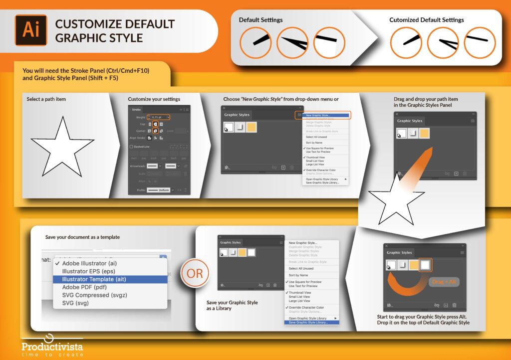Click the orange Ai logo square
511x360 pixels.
pyautogui.click(x=31, y=30)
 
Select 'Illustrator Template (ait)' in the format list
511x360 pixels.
pyautogui.click(x=94, y=279)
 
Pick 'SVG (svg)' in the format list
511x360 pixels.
pyautogui.click(x=75, y=303)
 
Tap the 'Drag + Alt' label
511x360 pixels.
pyautogui.click(x=444, y=282)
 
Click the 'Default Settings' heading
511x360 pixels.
pyautogui.click(x=260, y=20)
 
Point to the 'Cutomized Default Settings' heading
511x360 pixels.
pyautogui.click(x=426, y=20)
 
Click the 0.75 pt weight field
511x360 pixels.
pyautogui.click(x=159, y=117)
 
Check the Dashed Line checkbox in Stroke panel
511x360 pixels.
pyautogui.click(x=131, y=147)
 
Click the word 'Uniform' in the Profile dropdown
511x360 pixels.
pyautogui.click(x=163, y=190)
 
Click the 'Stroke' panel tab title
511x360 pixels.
pyautogui.click(x=136, y=109)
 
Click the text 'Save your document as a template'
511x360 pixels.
pyautogui.click(x=82, y=237)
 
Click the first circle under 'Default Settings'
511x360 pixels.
pyautogui.click(x=255, y=42)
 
